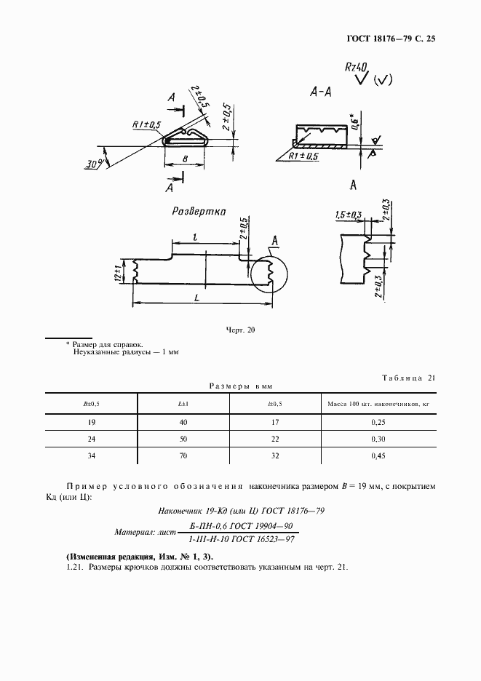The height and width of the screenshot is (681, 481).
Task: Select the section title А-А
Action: point(320,92)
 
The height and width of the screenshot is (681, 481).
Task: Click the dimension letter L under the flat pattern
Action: point(199,298)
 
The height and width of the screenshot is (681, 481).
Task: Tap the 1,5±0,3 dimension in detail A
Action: point(350,215)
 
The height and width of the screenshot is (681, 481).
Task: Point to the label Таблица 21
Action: point(408,377)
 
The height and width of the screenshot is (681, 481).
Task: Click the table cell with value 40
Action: point(183,422)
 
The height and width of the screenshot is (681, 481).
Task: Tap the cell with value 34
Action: point(92,455)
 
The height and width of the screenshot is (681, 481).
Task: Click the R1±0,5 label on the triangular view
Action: point(146,124)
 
